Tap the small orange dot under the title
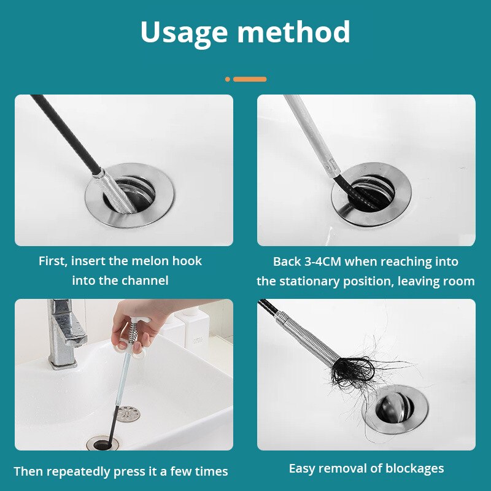[228, 79]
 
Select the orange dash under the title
[250, 79]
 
